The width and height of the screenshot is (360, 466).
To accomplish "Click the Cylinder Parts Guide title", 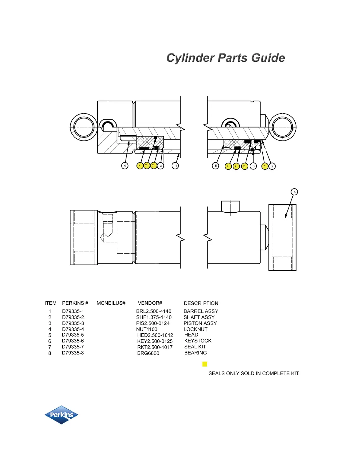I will [x=226, y=58].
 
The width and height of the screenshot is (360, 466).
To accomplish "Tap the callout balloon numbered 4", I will [x=125, y=166].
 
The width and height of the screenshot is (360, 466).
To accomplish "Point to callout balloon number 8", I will [x=294, y=192].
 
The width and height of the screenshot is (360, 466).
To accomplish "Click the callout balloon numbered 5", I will [x=216, y=166].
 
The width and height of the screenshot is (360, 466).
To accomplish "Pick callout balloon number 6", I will [x=254, y=166].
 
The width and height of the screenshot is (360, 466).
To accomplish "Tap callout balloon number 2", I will [x=272, y=166].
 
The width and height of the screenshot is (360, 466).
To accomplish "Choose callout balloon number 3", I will [x=161, y=166].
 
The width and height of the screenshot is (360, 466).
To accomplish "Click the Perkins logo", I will [x=61, y=415].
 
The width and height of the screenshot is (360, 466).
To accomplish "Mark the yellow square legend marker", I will [x=205, y=364].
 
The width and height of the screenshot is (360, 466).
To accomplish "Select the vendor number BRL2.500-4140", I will [x=154, y=311].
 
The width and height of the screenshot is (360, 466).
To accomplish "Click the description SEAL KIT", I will [x=195, y=347].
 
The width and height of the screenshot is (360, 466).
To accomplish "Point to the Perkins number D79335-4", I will [x=73, y=329].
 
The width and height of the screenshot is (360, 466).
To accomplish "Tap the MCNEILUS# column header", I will [x=111, y=303].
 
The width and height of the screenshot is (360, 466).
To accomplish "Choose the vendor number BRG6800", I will [x=148, y=353].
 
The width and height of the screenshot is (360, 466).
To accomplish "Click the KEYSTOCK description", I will [x=198, y=341].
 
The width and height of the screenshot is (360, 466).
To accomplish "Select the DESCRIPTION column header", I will [x=201, y=303].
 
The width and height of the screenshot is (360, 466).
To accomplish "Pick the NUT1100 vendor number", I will [x=146, y=329].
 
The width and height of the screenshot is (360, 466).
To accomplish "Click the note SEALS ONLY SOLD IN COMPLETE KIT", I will [x=254, y=373].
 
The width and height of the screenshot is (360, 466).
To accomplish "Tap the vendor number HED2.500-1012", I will [x=155, y=335].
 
